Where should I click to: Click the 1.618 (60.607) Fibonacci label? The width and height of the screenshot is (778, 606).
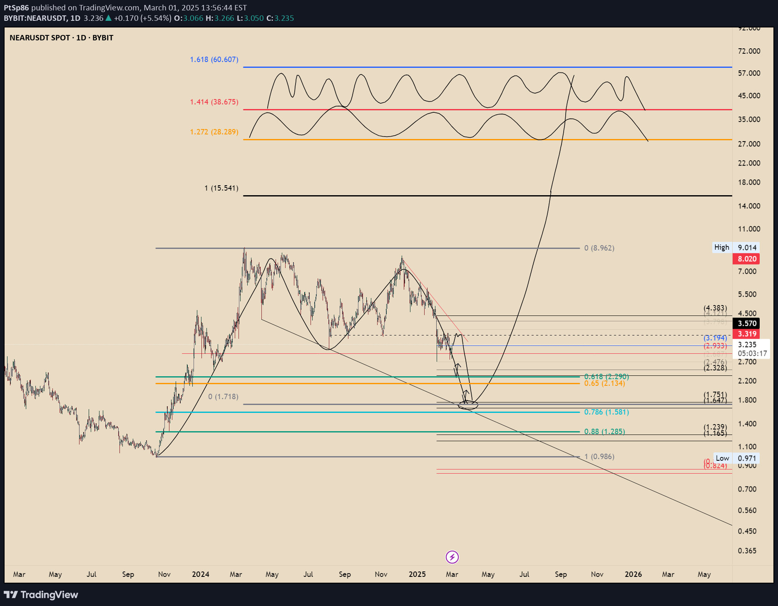[x=214, y=60]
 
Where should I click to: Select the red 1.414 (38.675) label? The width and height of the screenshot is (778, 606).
[x=214, y=102]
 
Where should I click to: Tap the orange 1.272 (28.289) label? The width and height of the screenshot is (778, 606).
[x=214, y=132]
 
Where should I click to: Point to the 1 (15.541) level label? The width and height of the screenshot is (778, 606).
[x=221, y=188]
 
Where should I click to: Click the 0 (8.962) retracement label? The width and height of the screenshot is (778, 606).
[x=599, y=248]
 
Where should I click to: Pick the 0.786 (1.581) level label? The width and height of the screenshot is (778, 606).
[x=606, y=412]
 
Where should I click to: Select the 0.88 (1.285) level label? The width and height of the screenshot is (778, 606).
[x=604, y=432]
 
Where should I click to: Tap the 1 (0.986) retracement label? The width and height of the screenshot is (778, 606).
[x=599, y=457]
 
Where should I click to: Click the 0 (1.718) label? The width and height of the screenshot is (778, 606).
[x=223, y=397]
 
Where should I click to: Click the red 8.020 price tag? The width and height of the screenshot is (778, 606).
[x=747, y=259]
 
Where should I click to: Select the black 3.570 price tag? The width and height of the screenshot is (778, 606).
[x=747, y=323]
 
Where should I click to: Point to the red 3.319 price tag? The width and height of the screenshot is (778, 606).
[x=747, y=334]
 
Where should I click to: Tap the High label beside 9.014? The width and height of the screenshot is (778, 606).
[x=721, y=247]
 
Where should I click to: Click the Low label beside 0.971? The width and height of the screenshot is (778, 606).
[x=722, y=458]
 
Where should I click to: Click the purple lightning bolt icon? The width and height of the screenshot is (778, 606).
[x=452, y=557]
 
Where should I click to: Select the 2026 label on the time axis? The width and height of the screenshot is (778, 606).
[x=633, y=574]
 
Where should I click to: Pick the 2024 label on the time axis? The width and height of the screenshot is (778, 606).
[x=200, y=574]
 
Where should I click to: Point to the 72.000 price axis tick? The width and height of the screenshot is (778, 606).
[x=749, y=51]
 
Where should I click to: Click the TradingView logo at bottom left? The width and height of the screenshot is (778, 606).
[x=41, y=595]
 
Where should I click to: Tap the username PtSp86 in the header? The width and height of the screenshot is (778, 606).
[x=16, y=8]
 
